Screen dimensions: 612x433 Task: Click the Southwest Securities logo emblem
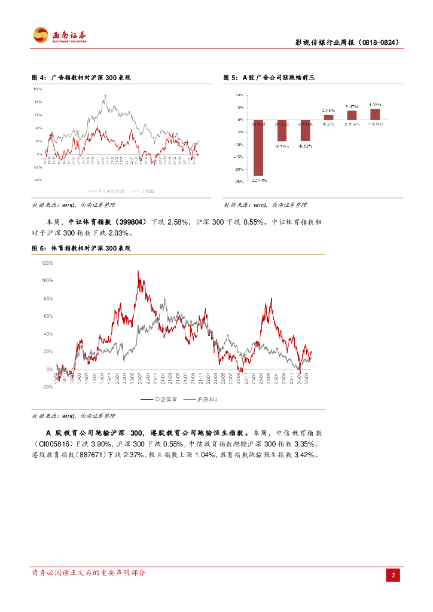41,35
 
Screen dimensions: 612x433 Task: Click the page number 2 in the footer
393,575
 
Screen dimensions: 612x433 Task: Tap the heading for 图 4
81,78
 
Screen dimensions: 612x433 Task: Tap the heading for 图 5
268,78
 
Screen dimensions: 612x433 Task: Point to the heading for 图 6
81,247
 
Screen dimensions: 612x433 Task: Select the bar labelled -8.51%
305,130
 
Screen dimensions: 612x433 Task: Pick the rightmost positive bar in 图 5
375,114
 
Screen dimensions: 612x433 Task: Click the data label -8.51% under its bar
306,145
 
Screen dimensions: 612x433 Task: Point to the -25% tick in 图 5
239,181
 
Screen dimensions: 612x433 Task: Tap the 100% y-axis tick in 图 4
38,88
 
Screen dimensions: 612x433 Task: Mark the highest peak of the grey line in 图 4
105,95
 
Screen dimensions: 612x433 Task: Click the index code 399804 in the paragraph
131,222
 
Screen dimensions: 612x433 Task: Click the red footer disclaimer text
88,573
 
